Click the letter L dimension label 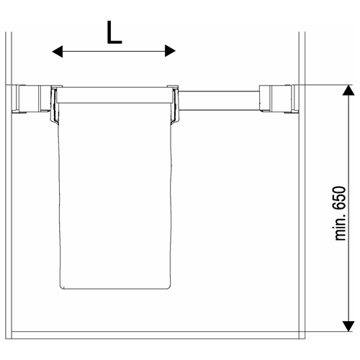114,32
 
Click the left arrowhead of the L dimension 58,51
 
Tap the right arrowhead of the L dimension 170,51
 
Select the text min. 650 341,213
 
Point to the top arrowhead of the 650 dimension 348,90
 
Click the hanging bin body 115,196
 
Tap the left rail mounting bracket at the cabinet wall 31,99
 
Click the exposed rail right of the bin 219,101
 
